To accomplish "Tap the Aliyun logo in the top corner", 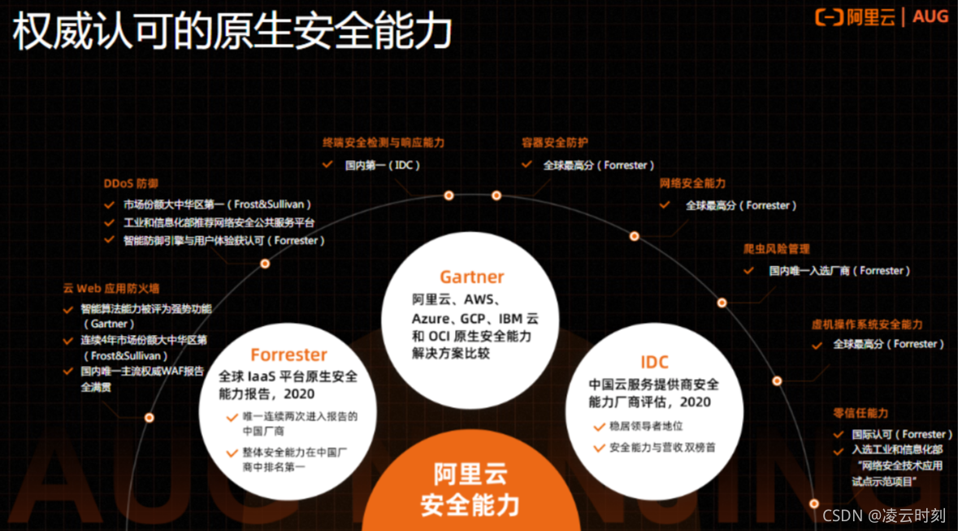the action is (x=882, y=17).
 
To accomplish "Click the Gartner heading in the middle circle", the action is (x=471, y=277).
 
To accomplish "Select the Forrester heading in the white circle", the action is (x=288, y=355).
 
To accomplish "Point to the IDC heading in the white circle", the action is (x=654, y=362).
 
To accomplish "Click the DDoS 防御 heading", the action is (x=131, y=184).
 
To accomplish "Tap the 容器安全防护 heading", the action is (x=555, y=142).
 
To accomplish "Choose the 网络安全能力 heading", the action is (x=692, y=184).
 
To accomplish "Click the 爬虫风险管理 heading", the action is (x=776, y=249).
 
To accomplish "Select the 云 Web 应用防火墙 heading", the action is (x=111, y=288).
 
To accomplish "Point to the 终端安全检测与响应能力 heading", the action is (x=384, y=142).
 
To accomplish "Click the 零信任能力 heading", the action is (x=860, y=413).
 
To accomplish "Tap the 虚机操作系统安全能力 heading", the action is (x=867, y=324).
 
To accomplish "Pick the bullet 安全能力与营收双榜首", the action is (x=662, y=447).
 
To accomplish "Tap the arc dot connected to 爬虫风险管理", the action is (x=722, y=302).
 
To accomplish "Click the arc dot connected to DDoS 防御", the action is (x=265, y=263).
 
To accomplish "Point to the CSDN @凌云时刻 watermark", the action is (x=884, y=516).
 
